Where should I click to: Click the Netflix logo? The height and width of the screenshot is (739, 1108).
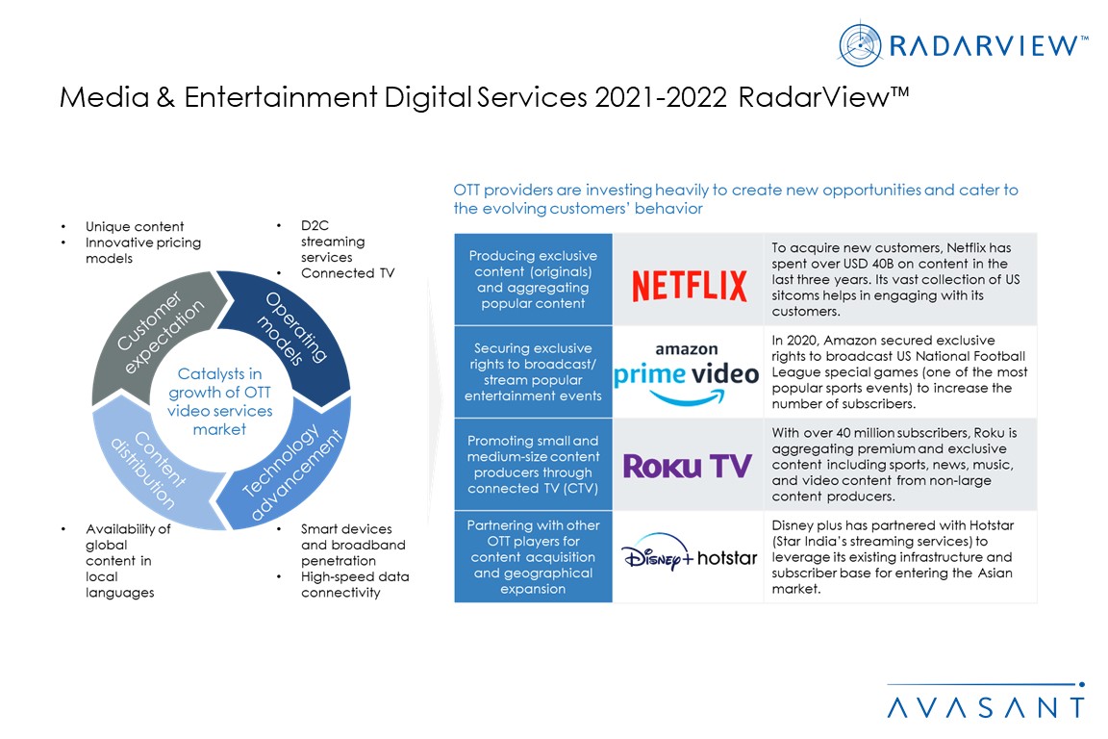(x=689, y=285)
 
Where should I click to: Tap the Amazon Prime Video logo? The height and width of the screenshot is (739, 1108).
(x=686, y=373)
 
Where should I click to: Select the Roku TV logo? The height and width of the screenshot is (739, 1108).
(x=687, y=466)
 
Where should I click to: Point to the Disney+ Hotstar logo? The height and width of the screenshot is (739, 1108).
(x=689, y=551)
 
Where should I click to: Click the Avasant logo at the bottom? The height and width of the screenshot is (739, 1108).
(x=986, y=701)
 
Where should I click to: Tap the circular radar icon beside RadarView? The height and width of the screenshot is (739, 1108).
(x=860, y=45)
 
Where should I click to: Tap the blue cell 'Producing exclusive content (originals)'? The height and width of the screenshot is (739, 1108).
(x=533, y=279)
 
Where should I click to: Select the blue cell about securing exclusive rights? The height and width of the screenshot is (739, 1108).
(x=533, y=372)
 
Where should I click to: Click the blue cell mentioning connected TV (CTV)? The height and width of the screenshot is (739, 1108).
(x=533, y=465)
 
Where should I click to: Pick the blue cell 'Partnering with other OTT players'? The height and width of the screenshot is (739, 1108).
(x=533, y=556)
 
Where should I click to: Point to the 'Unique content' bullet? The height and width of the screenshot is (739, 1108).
(x=135, y=226)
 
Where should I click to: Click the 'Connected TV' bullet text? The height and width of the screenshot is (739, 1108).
(x=347, y=273)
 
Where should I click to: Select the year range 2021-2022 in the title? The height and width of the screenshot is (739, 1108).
(x=661, y=97)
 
